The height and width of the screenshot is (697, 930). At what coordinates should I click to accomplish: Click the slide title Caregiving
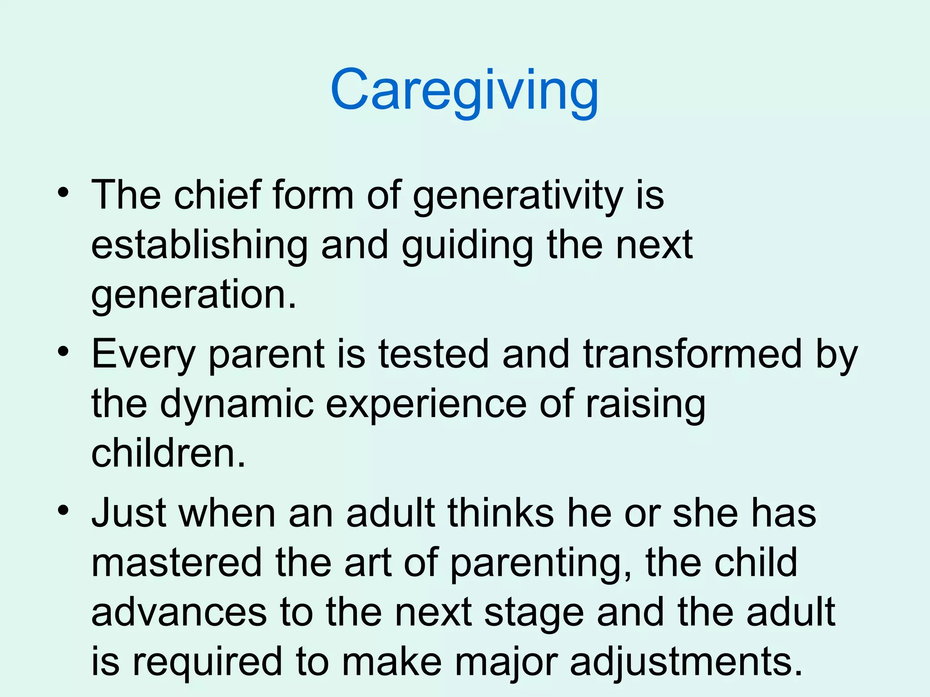tap(464, 91)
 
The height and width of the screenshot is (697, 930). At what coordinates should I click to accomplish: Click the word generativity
tap(518, 196)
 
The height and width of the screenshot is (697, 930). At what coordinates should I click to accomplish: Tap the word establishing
tap(199, 245)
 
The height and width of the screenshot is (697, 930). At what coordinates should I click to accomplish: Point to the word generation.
tap(193, 295)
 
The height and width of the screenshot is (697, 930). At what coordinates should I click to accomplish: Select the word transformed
tap(692, 354)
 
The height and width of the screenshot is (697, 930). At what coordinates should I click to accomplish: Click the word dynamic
tap(237, 404)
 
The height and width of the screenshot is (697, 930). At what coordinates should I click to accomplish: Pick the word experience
tap(426, 404)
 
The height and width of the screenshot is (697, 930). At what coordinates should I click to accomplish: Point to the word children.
tap(168, 453)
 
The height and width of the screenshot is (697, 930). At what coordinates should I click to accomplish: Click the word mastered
tap(177, 563)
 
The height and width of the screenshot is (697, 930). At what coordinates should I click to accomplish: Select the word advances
tap(179, 613)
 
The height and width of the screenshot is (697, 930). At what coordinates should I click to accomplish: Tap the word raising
tap(645, 404)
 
